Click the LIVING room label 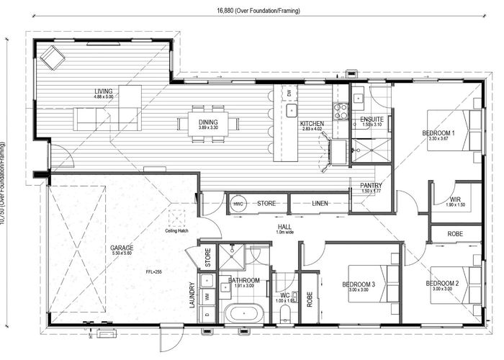104,91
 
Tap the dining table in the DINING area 208,122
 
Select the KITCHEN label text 312,124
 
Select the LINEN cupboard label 320,204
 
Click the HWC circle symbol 238,204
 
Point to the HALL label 284,228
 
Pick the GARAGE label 122,248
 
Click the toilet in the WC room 286,312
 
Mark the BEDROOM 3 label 359,284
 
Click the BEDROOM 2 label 442,284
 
